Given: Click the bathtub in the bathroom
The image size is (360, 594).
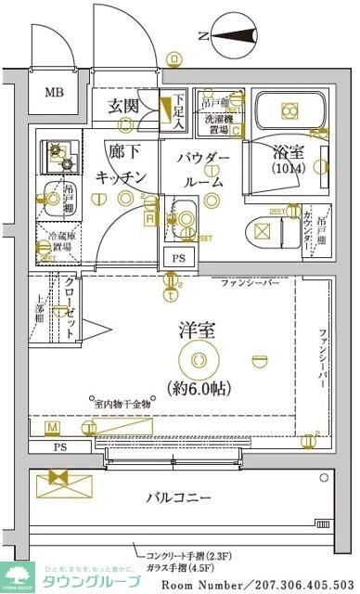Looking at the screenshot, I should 288,110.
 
